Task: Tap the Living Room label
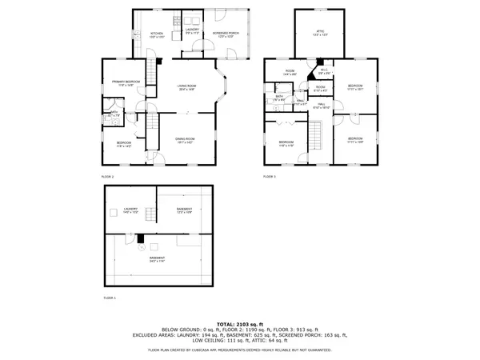187,89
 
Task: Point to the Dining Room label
186,140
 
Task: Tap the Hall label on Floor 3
320,105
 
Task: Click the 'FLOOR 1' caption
110,297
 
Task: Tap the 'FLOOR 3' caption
270,175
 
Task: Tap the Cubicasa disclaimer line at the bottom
240,350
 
